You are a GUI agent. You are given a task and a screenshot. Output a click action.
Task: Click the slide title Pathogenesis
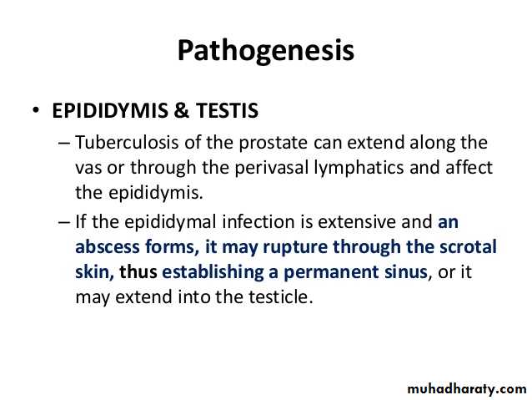(x=266, y=51)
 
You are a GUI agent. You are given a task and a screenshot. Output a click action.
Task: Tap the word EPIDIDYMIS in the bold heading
(x=110, y=110)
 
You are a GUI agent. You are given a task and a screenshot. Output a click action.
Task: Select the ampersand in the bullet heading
(x=182, y=110)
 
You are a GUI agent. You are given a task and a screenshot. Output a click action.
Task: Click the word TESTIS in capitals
(x=227, y=110)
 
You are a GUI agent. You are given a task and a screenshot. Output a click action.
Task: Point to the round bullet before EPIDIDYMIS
(x=36, y=109)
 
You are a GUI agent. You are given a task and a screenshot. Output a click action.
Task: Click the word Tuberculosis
(x=127, y=142)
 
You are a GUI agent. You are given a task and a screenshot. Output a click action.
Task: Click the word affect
(x=469, y=168)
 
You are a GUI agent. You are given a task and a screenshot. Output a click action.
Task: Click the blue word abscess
(x=108, y=246)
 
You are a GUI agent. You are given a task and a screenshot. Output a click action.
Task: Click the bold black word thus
(x=138, y=272)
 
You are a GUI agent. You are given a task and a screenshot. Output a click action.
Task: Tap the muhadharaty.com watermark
(x=466, y=389)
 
